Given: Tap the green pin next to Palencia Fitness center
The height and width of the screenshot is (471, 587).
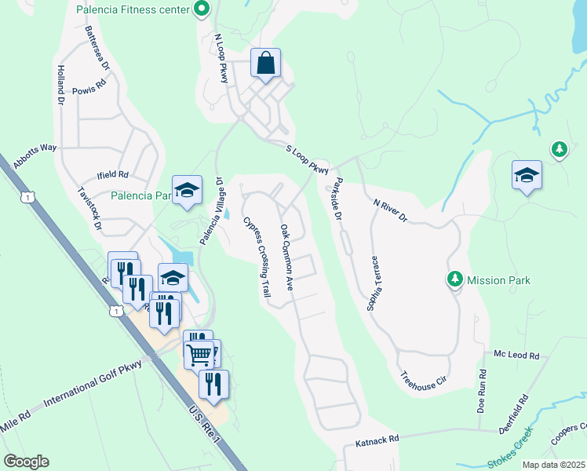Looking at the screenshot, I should point(202,10).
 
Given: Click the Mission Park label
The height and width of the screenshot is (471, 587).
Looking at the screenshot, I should point(498,280).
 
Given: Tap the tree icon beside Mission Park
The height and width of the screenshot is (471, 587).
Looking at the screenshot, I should point(454,279).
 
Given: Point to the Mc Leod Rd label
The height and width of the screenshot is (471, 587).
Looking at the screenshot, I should point(516,356).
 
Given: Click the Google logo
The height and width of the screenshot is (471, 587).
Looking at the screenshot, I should point(26,461).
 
